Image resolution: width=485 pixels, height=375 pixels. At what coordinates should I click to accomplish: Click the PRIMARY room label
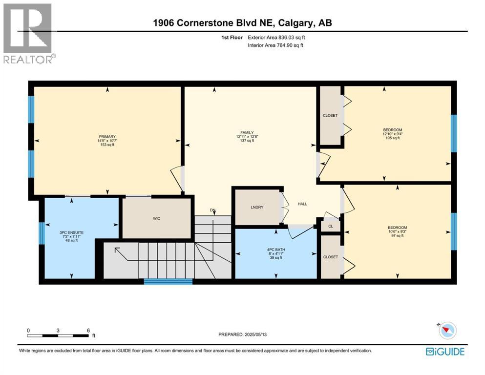[107, 137]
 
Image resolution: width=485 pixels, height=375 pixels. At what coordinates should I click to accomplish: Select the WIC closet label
[156, 218]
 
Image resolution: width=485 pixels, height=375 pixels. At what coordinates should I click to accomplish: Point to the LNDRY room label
[257, 208]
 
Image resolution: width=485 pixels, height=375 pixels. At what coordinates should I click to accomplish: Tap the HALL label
[302, 204]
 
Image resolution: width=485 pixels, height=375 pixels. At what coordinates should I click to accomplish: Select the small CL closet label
[331, 226]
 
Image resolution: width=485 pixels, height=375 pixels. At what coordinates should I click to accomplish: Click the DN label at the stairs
[212, 210]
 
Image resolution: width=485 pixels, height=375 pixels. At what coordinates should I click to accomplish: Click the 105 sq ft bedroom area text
[392, 138]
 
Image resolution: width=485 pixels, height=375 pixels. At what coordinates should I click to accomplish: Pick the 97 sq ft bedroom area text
[397, 236]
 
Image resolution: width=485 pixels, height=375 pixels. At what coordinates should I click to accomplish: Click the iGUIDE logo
[445, 352]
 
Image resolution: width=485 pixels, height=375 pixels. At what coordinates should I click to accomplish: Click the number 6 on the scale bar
[88, 331]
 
